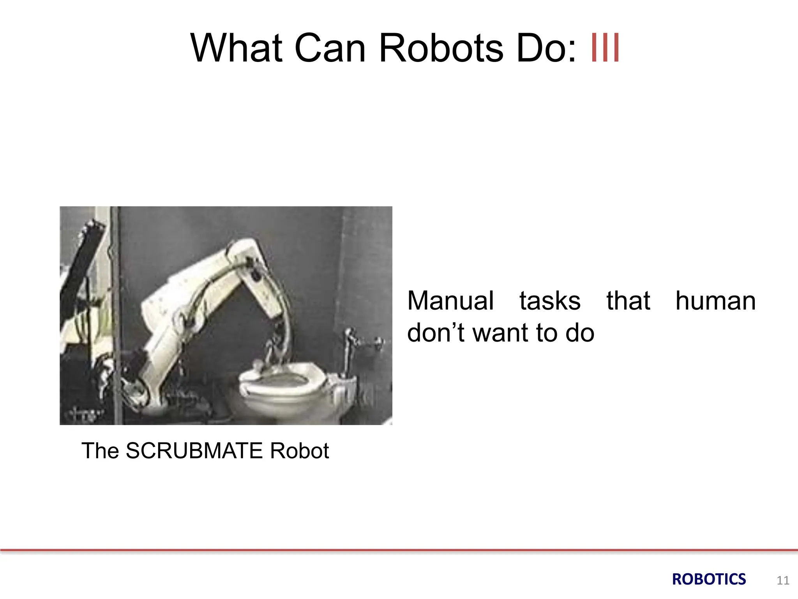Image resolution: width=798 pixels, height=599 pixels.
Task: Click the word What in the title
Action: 236,48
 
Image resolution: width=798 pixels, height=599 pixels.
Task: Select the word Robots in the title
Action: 441,48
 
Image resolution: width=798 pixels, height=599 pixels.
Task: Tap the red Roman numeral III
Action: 605,48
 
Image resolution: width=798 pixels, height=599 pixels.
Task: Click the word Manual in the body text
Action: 450,301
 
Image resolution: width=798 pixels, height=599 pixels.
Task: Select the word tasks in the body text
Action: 550,301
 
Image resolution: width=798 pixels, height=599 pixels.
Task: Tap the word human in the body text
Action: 715,301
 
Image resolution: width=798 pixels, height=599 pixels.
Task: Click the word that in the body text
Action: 628,301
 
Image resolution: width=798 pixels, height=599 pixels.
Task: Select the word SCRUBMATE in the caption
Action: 194,451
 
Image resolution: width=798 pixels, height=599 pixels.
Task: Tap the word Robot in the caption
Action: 299,451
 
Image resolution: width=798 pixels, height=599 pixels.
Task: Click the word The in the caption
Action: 100,451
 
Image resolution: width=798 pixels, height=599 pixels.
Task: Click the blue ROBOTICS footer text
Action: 709,580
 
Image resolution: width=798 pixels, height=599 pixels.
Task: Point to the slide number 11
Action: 783,581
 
